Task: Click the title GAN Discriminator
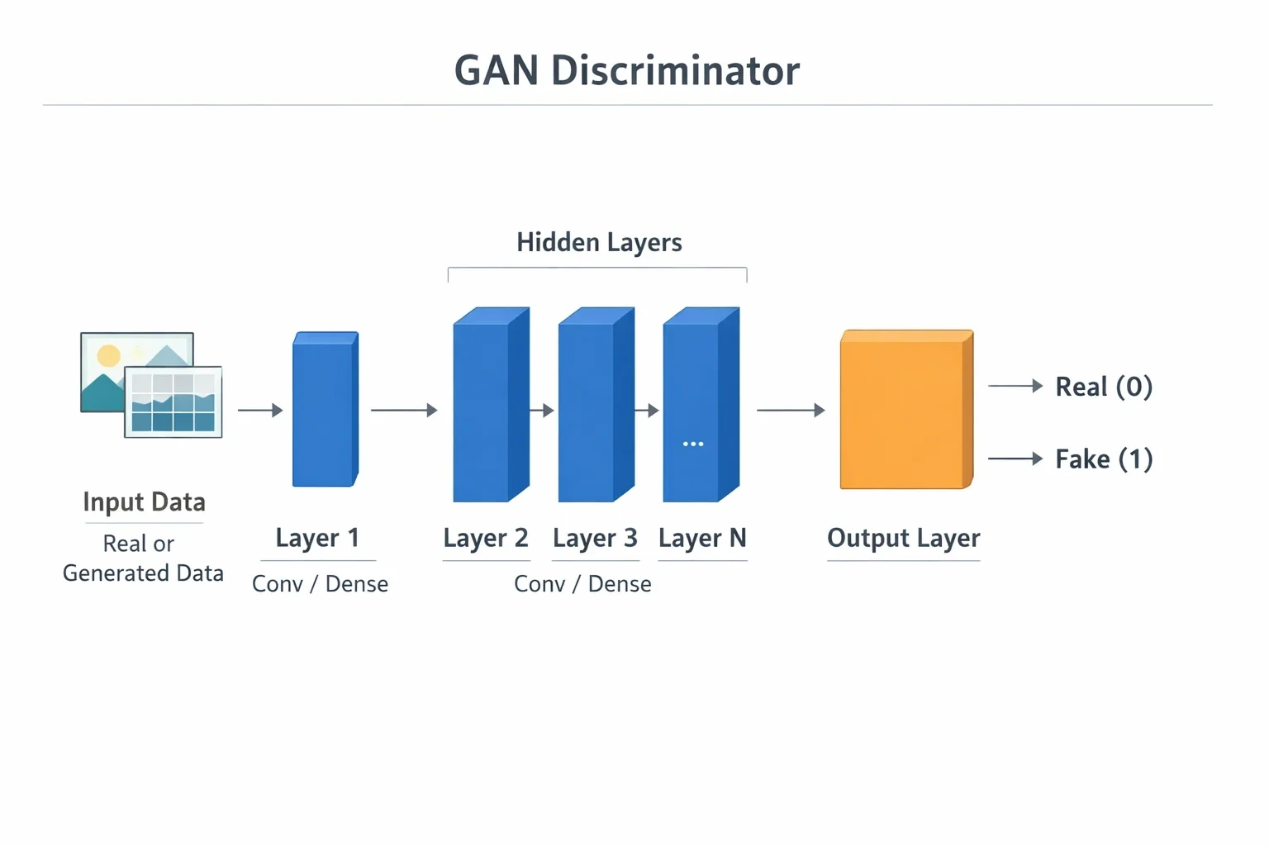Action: tap(626, 71)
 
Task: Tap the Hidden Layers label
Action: tap(599, 243)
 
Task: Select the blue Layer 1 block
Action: tap(326, 409)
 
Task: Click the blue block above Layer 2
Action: tap(492, 405)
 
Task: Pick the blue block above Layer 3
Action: tap(596, 405)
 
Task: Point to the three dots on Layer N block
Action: tap(693, 444)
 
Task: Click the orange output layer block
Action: tap(906, 409)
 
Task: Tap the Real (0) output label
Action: tap(1104, 387)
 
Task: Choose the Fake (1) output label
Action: tap(1104, 459)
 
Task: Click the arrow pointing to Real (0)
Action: tap(1015, 386)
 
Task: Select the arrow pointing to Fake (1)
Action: tap(1015, 459)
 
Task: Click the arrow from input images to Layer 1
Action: tap(260, 410)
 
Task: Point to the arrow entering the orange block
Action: tap(791, 410)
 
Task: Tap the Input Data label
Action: tap(144, 502)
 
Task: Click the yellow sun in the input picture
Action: tap(109, 356)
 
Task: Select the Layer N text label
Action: tap(702, 538)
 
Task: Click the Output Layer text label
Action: tap(903, 538)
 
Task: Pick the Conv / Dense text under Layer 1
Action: tap(320, 583)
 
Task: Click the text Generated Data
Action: tap(143, 573)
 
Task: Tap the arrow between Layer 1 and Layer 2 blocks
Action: tap(405, 410)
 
